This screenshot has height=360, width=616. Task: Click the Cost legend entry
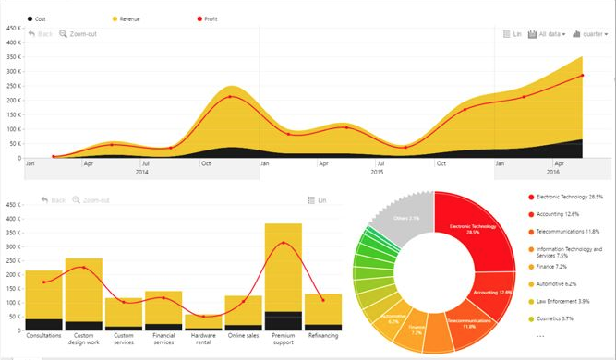[39, 18]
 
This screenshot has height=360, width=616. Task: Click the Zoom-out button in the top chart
[78, 34]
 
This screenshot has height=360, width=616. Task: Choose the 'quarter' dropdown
[590, 34]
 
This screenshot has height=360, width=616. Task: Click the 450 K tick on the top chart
[13, 28]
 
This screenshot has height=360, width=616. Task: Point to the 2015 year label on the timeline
[377, 173]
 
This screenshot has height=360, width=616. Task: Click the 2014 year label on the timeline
[142, 173]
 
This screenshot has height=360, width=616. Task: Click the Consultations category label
[43, 336]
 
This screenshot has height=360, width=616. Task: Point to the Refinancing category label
[323, 336]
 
